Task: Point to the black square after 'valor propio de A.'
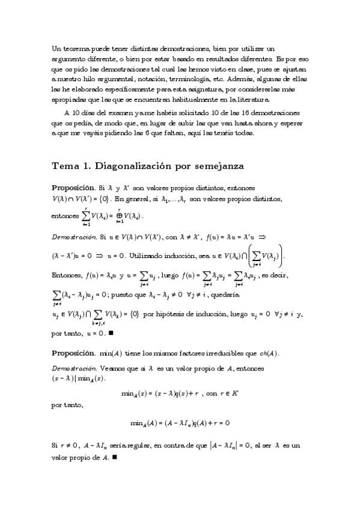click(x=114, y=457)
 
